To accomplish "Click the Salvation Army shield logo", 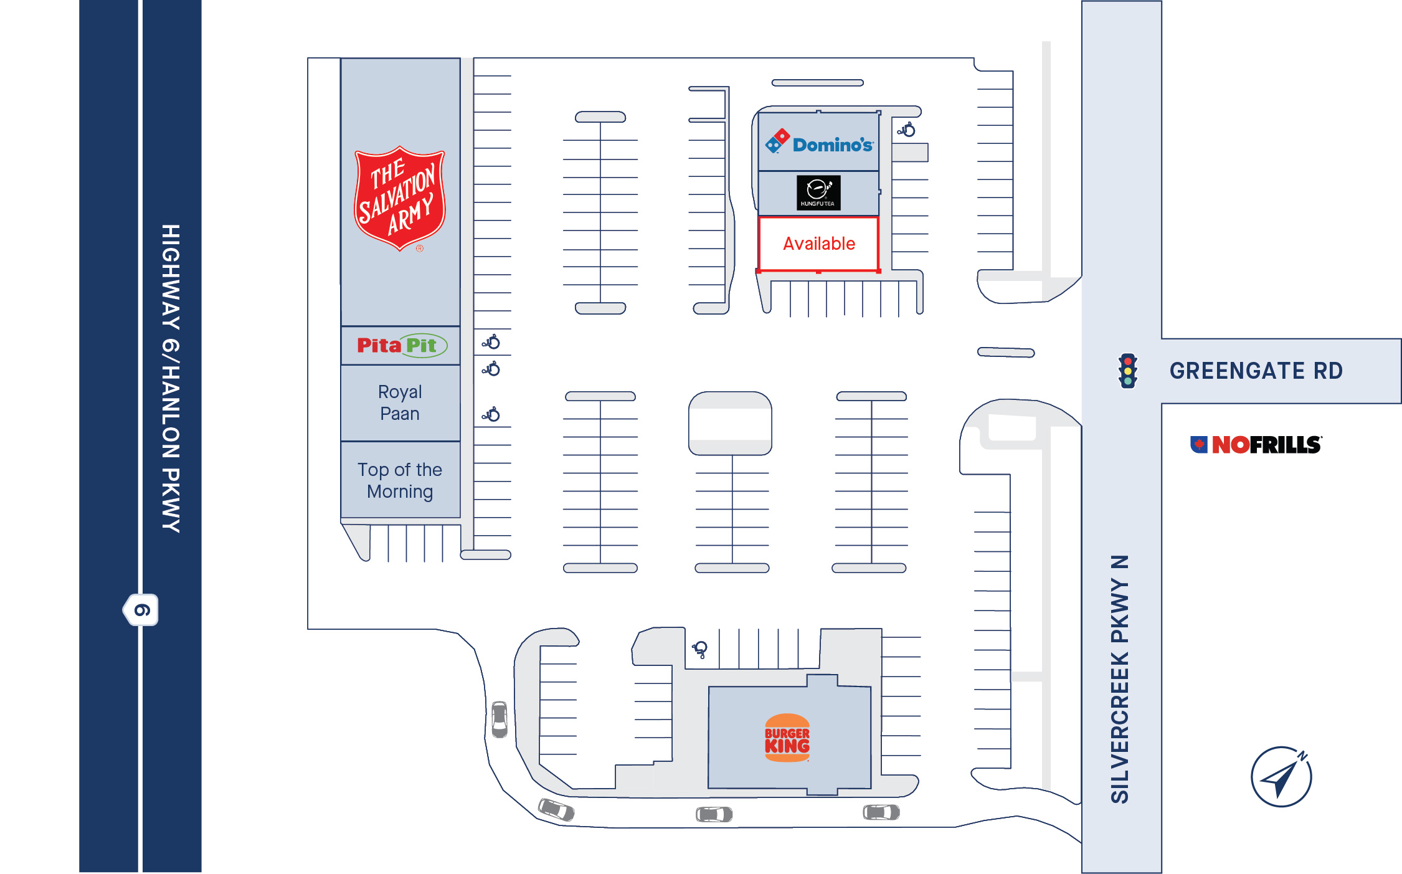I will coord(400,198).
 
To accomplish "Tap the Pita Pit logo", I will coord(402,345).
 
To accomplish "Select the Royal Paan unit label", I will coord(400,402).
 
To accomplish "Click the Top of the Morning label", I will coord(400,480).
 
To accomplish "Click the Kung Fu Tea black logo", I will coord(818,192).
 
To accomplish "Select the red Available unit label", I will coord(819,244).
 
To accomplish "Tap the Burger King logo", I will coord(787,738).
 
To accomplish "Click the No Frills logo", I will coord(1256,445).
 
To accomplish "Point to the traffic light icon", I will coord(1128,371).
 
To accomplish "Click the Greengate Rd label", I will coord(1256,371).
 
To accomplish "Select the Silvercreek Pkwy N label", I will coord(1120,679).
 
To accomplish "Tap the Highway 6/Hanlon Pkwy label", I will coord(171,378).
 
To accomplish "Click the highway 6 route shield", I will coord(141,610).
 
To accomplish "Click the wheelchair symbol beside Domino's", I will coord(906,130).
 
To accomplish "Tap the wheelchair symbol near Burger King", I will coord(700,649).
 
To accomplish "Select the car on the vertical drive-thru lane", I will coord(500,719).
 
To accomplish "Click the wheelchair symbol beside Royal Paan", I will coord(491,414).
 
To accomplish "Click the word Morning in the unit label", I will coord(400,492).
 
